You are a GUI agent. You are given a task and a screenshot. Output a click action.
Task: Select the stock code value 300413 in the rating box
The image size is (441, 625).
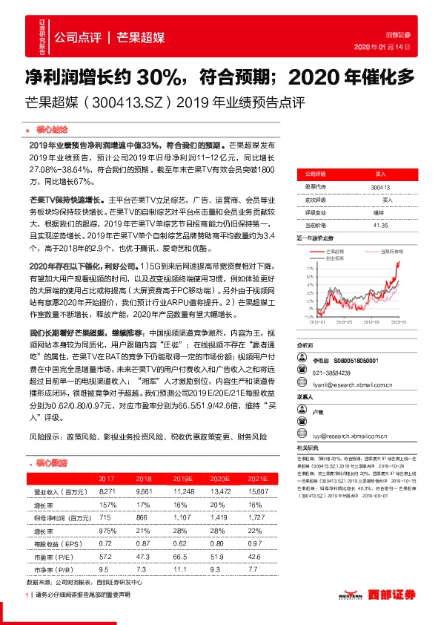point(380,189)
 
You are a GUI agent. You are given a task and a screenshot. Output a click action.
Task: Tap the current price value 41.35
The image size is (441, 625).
point(380,224)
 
